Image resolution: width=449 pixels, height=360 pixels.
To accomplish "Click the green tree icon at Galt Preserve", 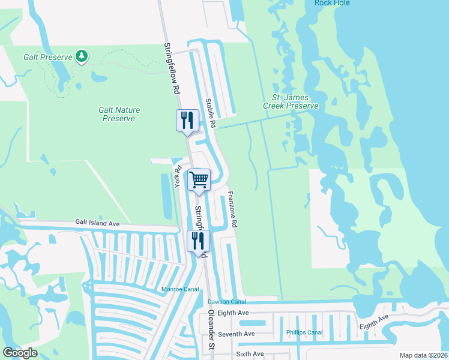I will (82, 57).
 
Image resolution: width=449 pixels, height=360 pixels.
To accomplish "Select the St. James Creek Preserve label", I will (291, 101).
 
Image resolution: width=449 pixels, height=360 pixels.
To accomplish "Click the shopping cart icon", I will (199, 179).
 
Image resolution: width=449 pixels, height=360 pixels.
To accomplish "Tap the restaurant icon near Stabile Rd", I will (187, 121).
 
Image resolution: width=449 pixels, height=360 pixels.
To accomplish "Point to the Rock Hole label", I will (332, 3).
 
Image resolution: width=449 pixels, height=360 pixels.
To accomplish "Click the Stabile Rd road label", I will (210, 113).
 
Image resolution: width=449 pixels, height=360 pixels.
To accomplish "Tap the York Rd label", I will (178, 176).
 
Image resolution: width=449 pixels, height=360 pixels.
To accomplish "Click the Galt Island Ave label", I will (98, 223).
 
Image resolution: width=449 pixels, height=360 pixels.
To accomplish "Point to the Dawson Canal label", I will (227, 302).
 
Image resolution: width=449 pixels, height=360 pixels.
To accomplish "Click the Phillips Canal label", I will (304, 332).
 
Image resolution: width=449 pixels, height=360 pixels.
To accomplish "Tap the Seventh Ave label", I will (237, 334).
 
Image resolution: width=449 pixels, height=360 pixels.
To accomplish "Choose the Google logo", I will (20, 353).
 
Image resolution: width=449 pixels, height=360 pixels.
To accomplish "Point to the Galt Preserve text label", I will (48, 57).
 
